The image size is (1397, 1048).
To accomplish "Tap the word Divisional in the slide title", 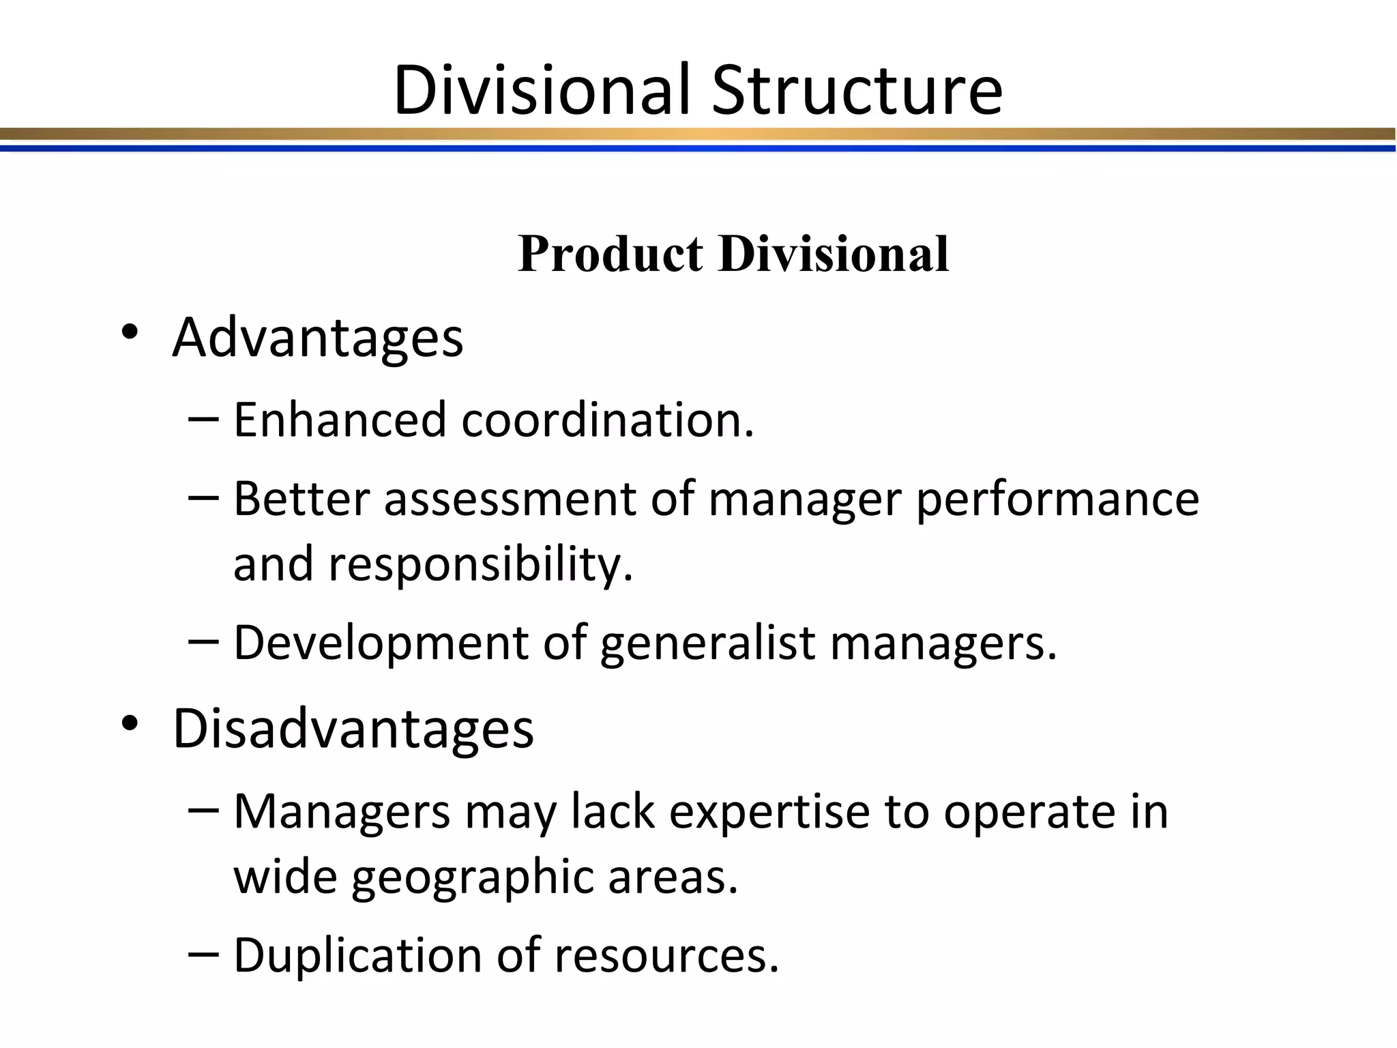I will pos(542,90).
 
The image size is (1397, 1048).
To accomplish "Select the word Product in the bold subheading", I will pos(610,254).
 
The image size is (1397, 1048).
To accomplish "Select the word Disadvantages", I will pos(353,729).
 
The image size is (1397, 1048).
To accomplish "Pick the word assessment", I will pos(510,499).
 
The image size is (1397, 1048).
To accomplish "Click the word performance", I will pos(1057,499).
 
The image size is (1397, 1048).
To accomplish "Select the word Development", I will pos(381,643).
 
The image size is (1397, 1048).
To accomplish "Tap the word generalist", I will pos(707,643).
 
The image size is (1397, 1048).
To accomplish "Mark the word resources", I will pos(666,955).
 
